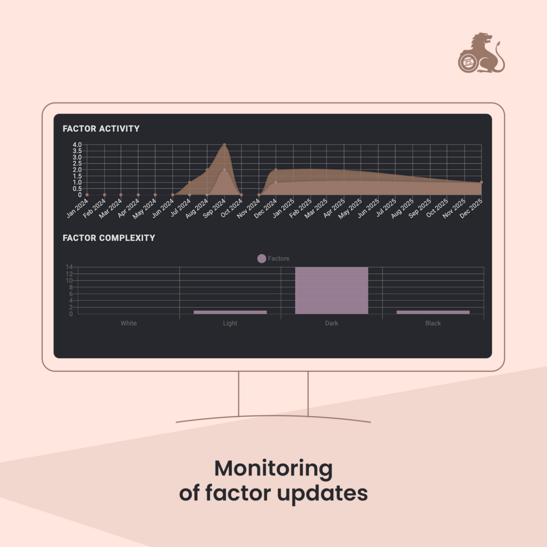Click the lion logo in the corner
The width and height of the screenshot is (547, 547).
(x=481, y=53)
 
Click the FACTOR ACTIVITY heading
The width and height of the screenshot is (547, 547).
(x=101, y=129)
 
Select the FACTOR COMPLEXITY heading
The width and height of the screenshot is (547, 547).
(x=109, y=238)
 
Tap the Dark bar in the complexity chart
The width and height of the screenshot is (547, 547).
(x=331, y=291)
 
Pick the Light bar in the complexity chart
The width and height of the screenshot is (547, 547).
(x=230, y=312)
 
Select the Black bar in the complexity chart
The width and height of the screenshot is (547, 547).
(x=433, y=312)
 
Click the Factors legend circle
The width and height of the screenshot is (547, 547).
(x=262, y=259)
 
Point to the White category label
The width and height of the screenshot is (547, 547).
(x=129, y=323)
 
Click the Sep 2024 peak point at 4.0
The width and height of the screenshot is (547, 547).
(x=224, y=145)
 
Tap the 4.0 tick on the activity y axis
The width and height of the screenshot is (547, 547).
(x=77, y=145)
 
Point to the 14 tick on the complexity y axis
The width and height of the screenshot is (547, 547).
(x=69, y=267)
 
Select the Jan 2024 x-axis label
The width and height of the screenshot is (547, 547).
(x=77, y=208)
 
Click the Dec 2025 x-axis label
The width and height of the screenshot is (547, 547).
(x=471, y=208)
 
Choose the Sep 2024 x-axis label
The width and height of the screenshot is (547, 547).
(x=214, y=208)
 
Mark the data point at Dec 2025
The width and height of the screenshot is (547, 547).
(x=481, y=183)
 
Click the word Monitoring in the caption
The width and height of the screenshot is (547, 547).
(x=273, y=469)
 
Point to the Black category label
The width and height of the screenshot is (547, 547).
(x=433, y=323)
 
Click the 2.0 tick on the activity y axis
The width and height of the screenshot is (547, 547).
(x=77, y=170)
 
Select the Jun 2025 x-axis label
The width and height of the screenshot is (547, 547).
(x=369, y=208)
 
